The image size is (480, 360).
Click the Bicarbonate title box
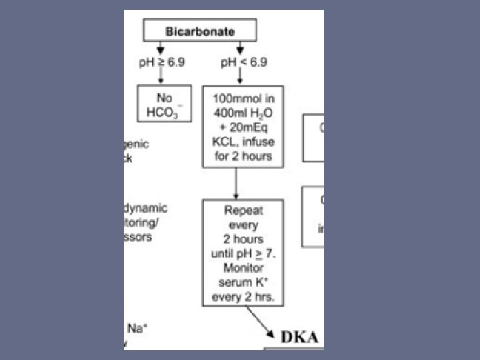coord(199,31)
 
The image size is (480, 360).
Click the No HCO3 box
coord(164,103)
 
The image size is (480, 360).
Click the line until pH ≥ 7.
coord(243,253)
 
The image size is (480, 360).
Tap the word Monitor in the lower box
coord(243,268)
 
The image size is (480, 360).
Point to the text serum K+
coord(243,283)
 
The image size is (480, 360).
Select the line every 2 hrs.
coord(243,297)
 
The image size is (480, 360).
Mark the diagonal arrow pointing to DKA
coord(262,321)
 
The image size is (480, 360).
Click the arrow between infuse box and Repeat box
coord(237,182)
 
